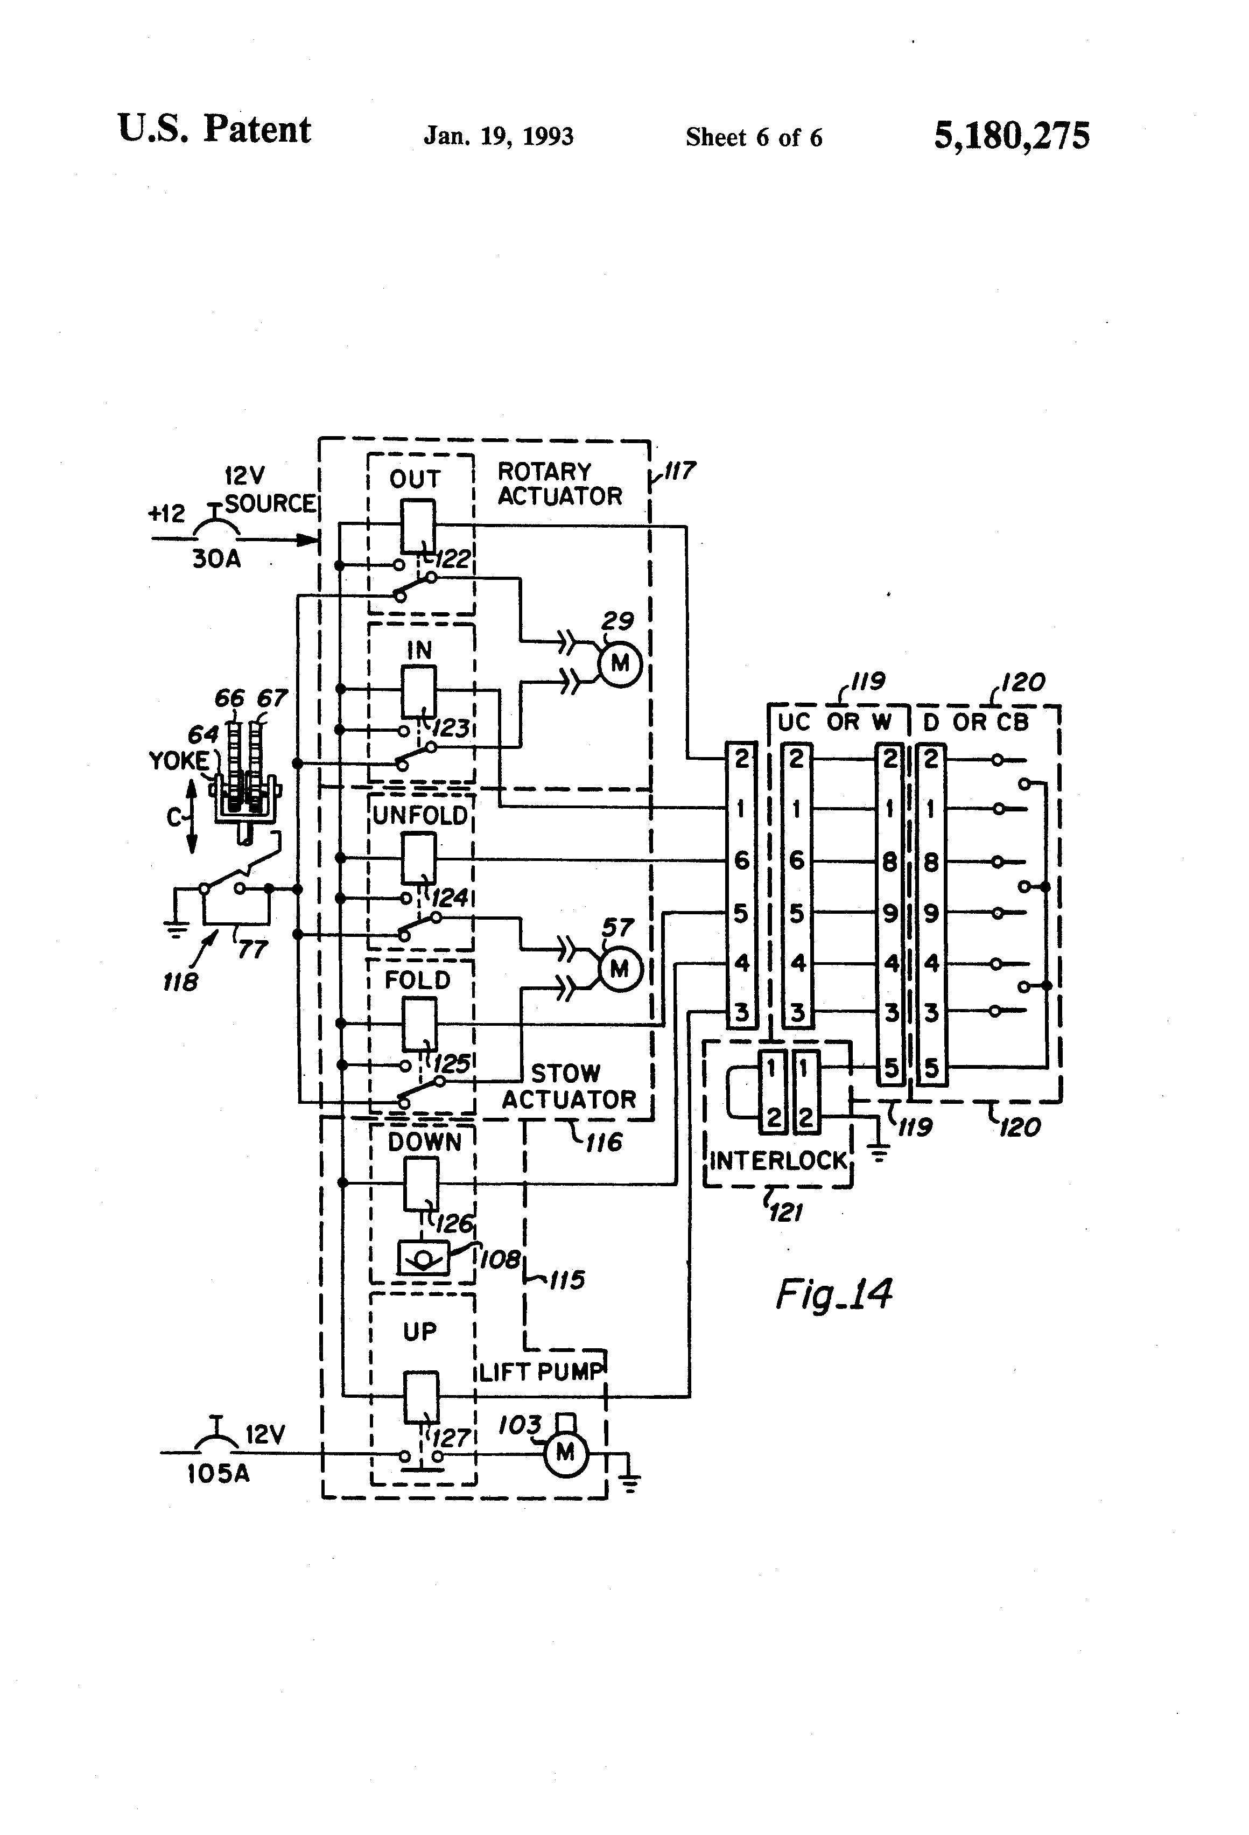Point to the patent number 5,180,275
[1012, 136]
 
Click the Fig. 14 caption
[834, 1294]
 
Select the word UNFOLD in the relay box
[420, 816]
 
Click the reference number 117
[678, 471]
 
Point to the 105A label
[219, 1473]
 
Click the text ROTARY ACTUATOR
[559, 484]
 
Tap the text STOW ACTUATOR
[569, 1087]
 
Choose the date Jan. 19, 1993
[498, 137]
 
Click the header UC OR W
[834, 722]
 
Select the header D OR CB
[976, 722]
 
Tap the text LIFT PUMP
[541, 1371]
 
